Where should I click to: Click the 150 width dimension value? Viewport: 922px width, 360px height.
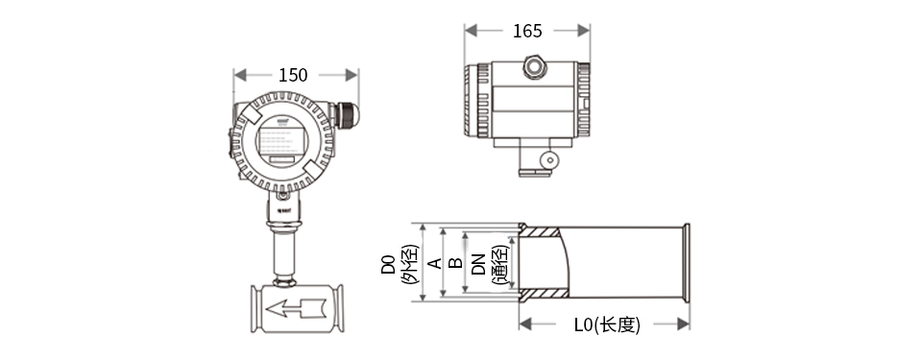pyautogui.click(x=293, y=75)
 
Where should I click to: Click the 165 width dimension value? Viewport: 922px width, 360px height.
pyautogui.click(x=526, y=31)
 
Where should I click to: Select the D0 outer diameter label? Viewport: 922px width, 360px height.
pyautogui.click(x=388, y=265)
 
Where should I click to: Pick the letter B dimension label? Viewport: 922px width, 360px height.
pyautogui.click(x=456, y=263)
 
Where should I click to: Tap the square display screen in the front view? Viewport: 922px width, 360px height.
pyautogui.click(x=283, y=140)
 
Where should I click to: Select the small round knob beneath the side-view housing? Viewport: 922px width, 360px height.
pyautogui.click(x=548, y=160)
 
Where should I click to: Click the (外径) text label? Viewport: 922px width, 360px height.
pyautogui.click(x=408, y=265)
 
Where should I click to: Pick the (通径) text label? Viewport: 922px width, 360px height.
pyautogui.click(x=499, y=265)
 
